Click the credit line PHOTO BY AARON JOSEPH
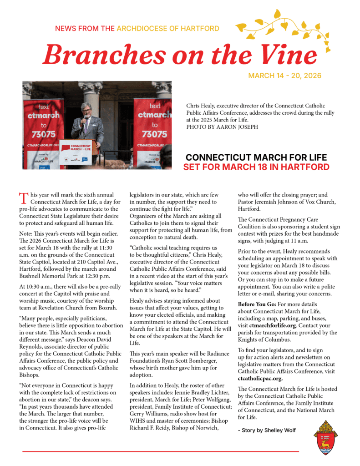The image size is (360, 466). [222, 127]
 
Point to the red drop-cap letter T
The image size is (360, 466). [23, 198]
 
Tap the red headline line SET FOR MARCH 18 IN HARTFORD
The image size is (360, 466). [256, 167]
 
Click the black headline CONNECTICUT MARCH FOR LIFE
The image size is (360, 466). [256, 157]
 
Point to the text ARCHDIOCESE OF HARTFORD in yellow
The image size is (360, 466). [168, 29]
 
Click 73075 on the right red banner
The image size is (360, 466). [154, 134]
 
